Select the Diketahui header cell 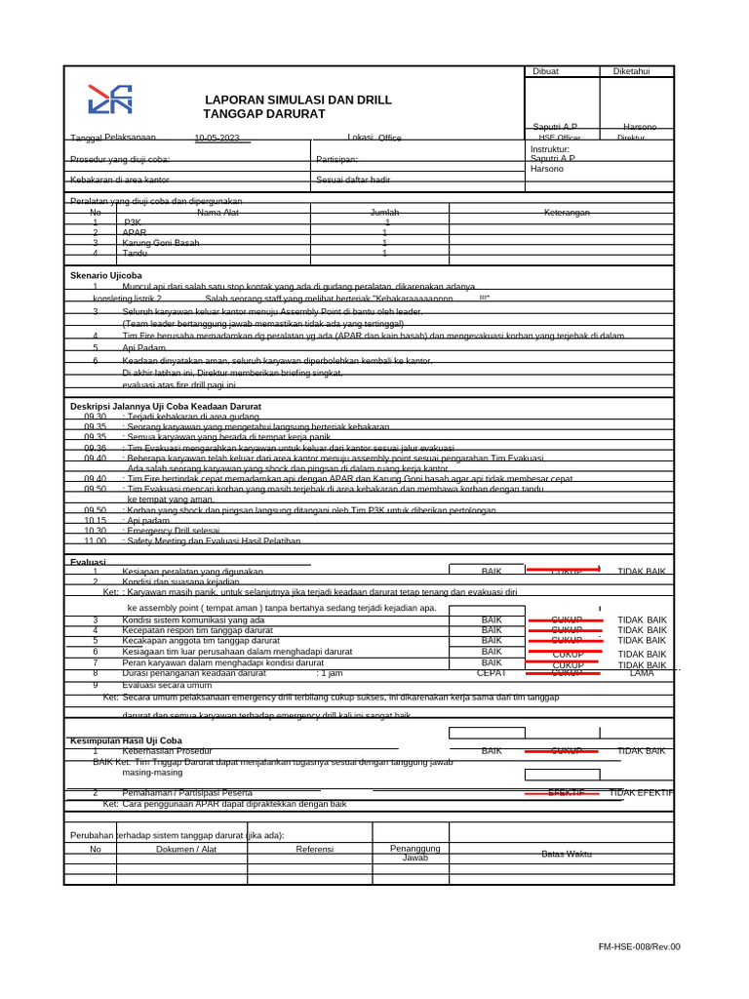point(630,71)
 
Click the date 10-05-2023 point(217,139)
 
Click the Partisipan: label point(337,159)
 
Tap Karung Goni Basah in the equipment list point(161,243)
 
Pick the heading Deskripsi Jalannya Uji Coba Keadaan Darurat point(166,405)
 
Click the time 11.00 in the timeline point(95,540)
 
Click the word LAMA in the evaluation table point(642,672)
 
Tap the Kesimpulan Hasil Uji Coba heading point(126,740)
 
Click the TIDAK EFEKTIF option point(641,792)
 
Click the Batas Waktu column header point(567,854)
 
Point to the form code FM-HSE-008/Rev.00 point(639,946)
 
